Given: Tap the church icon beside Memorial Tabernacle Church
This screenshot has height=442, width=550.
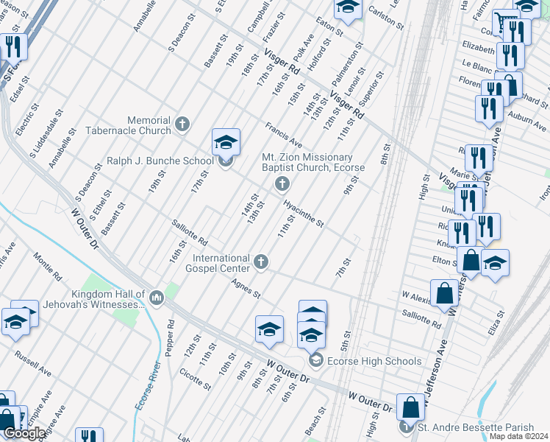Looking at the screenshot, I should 183,125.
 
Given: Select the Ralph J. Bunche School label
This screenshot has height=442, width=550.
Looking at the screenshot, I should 160,161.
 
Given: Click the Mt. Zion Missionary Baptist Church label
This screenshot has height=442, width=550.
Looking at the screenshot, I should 307,162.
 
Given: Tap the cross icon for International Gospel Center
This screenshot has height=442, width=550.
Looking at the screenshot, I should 260,261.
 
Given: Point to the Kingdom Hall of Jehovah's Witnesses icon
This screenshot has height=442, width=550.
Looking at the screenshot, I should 156,298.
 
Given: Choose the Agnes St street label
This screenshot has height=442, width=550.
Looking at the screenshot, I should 246,288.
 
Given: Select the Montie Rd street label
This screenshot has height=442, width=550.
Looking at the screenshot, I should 47,266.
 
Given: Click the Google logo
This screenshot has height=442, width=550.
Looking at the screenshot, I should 24,433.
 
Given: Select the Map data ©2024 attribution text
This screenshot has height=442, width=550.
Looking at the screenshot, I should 518,436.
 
